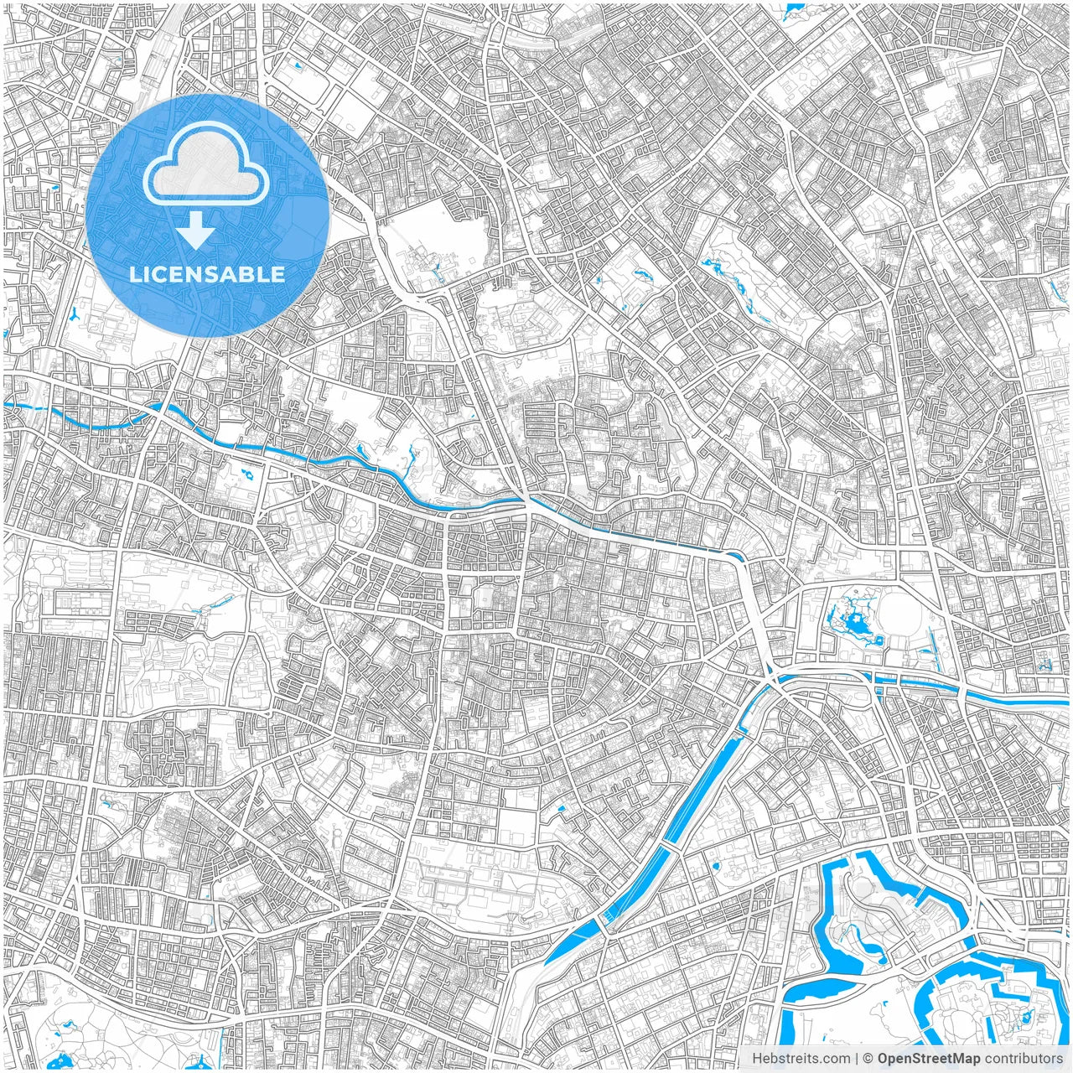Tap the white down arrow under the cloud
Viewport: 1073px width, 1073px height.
(196, 231)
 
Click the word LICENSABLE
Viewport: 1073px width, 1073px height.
(207, 274)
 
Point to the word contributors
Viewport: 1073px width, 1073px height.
(1024, 1059)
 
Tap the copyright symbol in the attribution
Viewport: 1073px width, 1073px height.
(868, 1059)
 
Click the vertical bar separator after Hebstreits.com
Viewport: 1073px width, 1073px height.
(857, 1059)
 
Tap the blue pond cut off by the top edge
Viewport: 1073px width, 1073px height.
(793, 11)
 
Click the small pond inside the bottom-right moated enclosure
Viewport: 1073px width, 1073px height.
(1024, 1018)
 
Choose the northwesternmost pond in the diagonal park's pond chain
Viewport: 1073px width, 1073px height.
(710, 265)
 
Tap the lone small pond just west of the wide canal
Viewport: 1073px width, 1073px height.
(561, 810)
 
